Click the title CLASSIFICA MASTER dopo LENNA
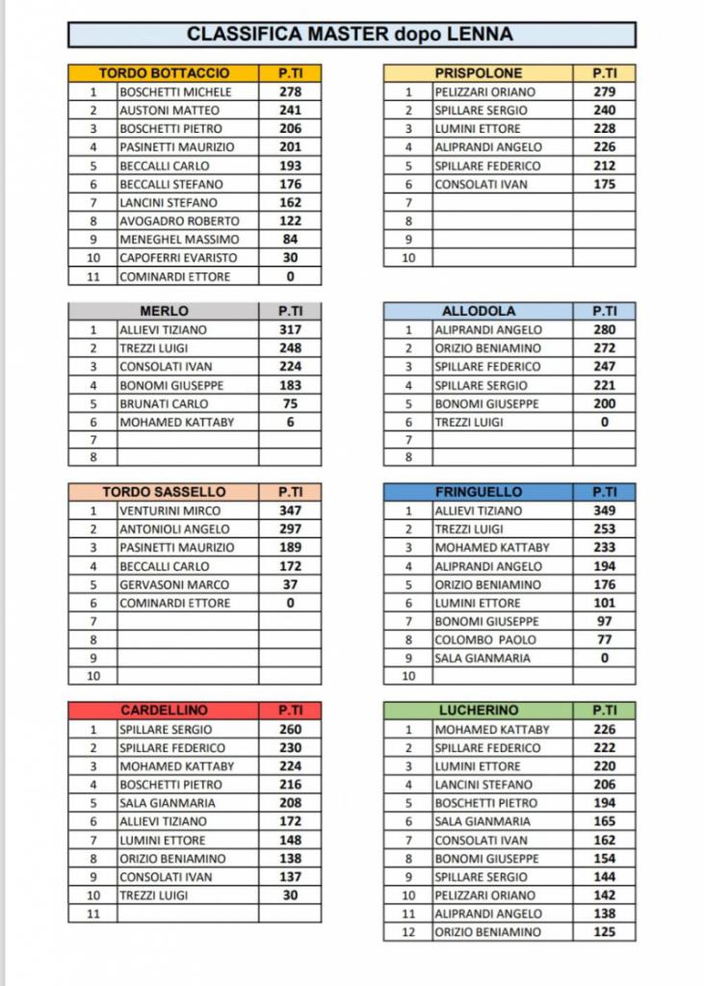click(x=351, y=35)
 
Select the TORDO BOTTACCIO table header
click(x=164, y=73)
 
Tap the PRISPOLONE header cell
click(x=479, y=73)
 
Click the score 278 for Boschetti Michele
click(x=290, y=92)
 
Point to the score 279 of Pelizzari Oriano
click(x=605, y=92)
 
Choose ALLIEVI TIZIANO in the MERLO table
click(x=163, y=330)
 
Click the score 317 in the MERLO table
click(x=290, y=330)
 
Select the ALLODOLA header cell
click(x=479, y=311)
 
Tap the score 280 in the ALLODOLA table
click(x=605, y=330)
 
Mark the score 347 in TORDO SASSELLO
click(x=290, y=511)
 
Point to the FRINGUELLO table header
click(x=479, y=492)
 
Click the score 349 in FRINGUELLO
click(x=605, y=511)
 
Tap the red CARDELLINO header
click(x=164, y=711)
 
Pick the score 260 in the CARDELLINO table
click(x=290, y=730)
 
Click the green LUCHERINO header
click(x=479, y=711)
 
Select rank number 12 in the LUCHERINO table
click(x=408, y=932)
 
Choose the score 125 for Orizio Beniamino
click(x=605, y=932)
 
